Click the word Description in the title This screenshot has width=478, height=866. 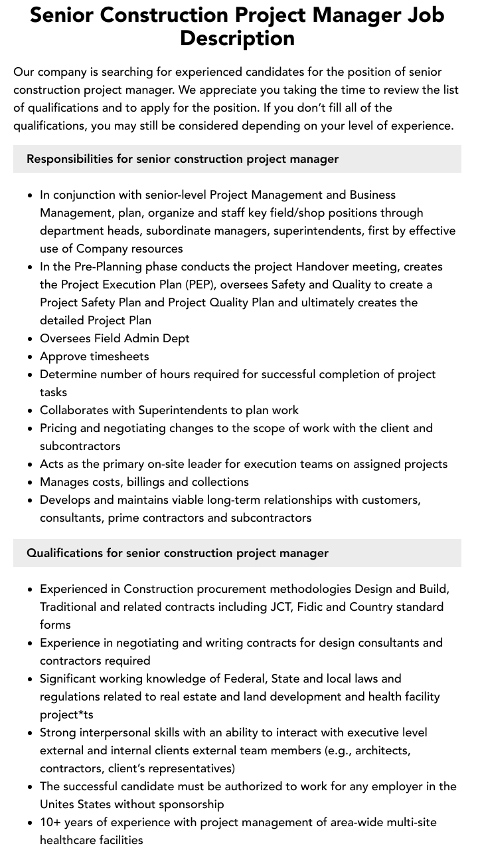tap(237, 38)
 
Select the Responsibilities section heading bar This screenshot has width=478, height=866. tap(237, 159)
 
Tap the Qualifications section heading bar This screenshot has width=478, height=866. tap(237, 553)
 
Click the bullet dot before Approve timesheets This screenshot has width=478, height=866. tap(31, 357)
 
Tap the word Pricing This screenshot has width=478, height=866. tap(60, 428)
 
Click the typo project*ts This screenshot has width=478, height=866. tap(66, 714)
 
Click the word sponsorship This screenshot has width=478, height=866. tap(190, 804)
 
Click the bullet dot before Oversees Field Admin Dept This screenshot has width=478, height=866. tap(31, 339)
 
